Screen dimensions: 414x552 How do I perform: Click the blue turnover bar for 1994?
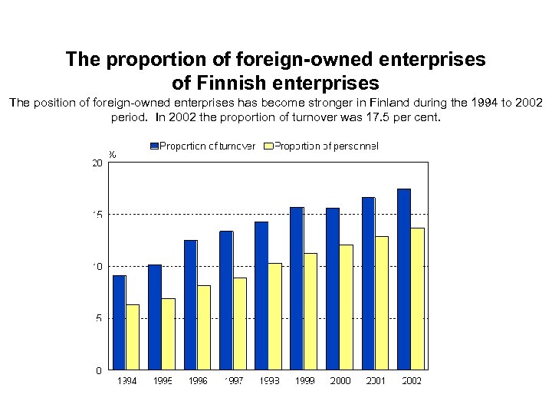119,322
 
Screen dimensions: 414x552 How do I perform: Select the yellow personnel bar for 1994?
133,337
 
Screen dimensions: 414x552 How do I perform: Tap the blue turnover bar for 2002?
403,279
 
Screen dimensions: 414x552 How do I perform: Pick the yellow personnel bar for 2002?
417,298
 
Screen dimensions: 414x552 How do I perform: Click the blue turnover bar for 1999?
297,288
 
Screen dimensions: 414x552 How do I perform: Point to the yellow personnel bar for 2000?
347,307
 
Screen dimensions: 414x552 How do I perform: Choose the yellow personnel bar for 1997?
240,323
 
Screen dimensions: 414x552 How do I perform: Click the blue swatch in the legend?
153,146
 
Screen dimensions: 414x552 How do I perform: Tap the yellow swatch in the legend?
268,146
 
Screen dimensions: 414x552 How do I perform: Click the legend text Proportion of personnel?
327,146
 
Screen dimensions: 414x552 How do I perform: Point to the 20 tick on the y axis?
97,163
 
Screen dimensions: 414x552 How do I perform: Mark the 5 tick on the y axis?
98,318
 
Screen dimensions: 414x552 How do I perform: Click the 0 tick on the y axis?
98,370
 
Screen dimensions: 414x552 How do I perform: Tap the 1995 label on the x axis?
162,381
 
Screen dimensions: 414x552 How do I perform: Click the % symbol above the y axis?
113,154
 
